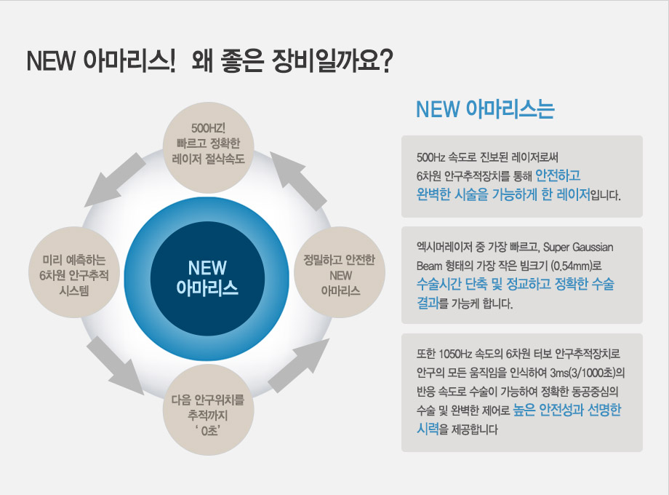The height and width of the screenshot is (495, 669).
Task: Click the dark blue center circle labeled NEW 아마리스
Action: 207,279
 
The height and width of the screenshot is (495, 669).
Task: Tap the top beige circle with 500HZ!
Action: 209,147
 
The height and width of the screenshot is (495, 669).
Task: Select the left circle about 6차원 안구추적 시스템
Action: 74,272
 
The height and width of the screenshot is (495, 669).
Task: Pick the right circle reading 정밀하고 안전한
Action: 340,272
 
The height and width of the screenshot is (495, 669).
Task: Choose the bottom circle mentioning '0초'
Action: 209,410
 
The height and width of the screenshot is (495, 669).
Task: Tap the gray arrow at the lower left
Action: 114,366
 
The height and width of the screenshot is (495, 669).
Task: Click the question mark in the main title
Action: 385,61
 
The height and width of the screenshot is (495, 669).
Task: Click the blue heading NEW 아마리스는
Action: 485,109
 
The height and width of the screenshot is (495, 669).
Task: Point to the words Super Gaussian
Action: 578,247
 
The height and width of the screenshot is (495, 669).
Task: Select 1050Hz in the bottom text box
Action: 454,354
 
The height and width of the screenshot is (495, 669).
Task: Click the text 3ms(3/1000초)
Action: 587,373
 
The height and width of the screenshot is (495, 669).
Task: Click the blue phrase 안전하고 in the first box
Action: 558,175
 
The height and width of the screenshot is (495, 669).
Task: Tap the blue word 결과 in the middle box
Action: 428,303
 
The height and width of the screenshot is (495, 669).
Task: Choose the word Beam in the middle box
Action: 428,266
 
